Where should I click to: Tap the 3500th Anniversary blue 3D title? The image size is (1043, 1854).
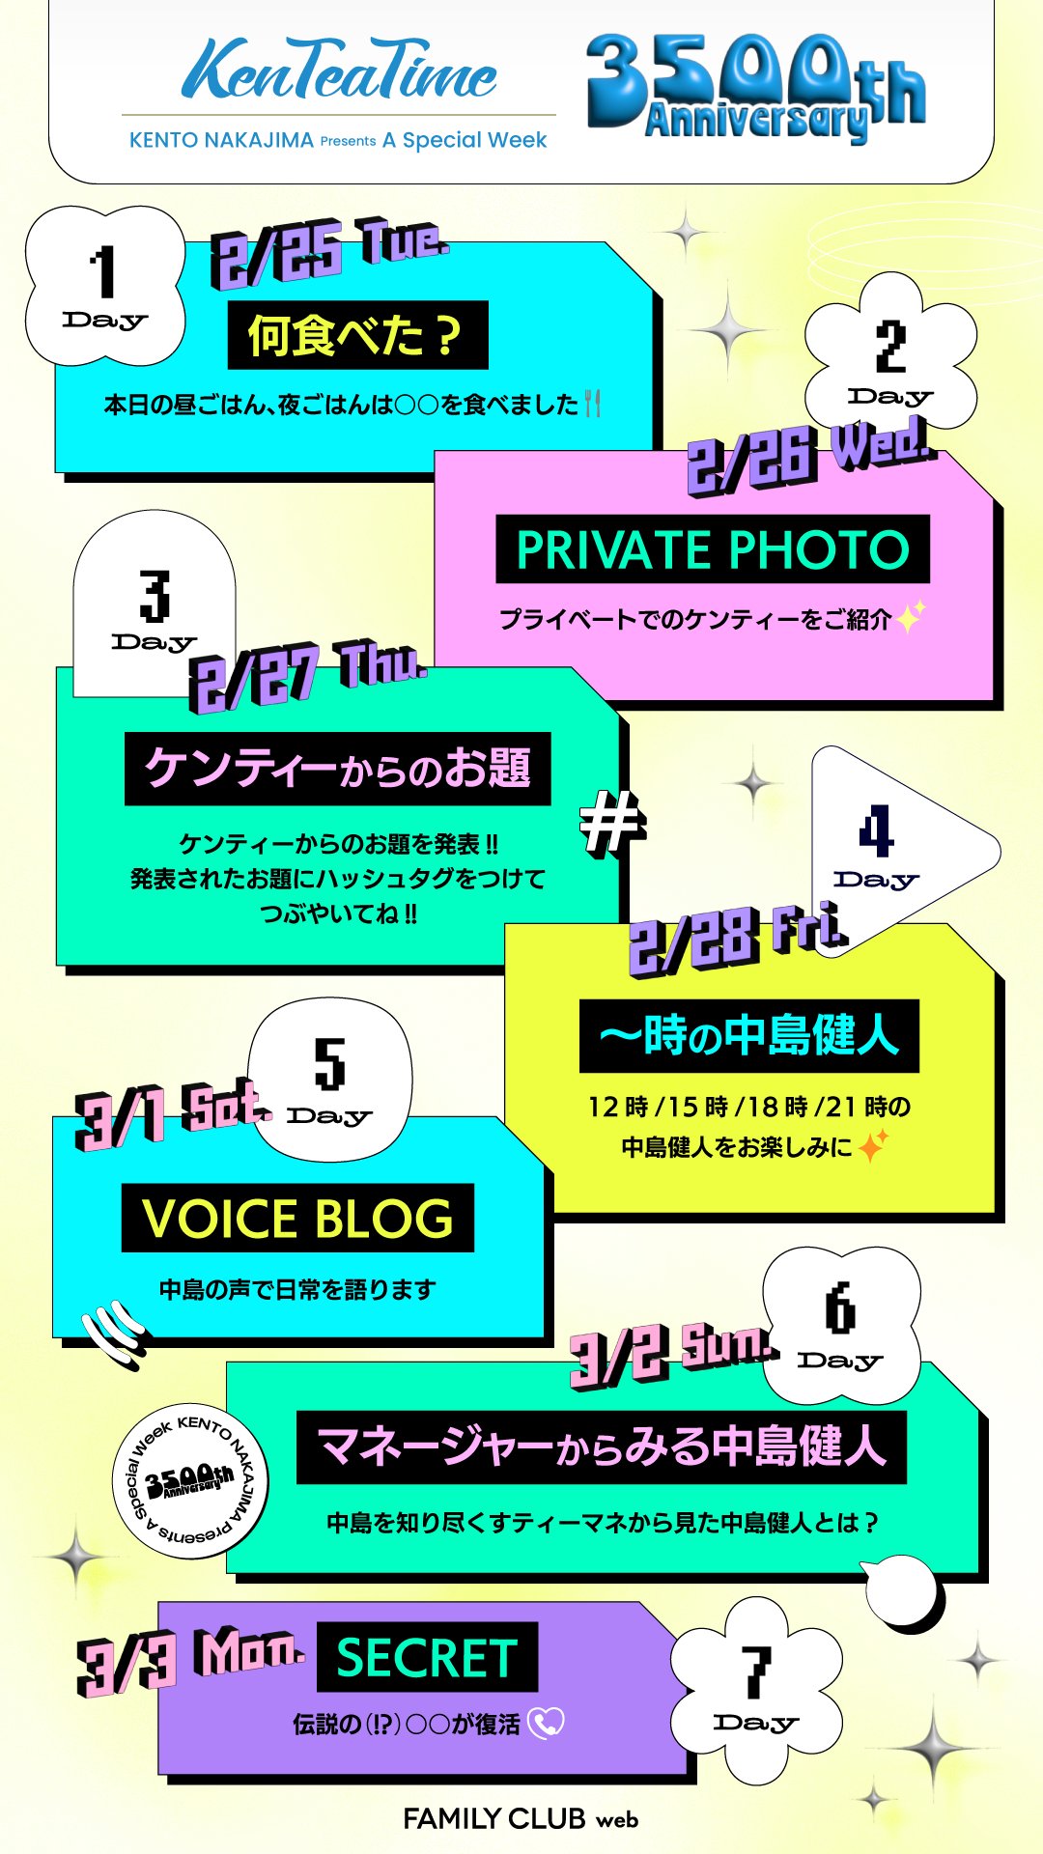coord(755,89)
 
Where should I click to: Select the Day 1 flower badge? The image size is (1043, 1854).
coord(104,287)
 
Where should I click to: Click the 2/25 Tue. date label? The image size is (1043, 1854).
coord(329,252)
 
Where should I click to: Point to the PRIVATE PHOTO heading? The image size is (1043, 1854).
coord(713,549)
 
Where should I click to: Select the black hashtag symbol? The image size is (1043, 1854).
coord(611,823)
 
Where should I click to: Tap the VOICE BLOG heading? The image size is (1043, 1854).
coord(297,1218)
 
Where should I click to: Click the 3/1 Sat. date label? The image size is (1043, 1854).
coord(171,1114)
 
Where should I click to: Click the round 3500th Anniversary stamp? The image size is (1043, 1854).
coord(190,1480)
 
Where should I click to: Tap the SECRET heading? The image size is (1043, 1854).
coord(427,1657)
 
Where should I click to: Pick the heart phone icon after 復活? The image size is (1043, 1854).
coord(547,1723)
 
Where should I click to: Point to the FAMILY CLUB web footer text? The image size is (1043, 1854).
coord(521,1819)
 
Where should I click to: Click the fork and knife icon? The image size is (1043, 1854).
coord(593,404)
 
